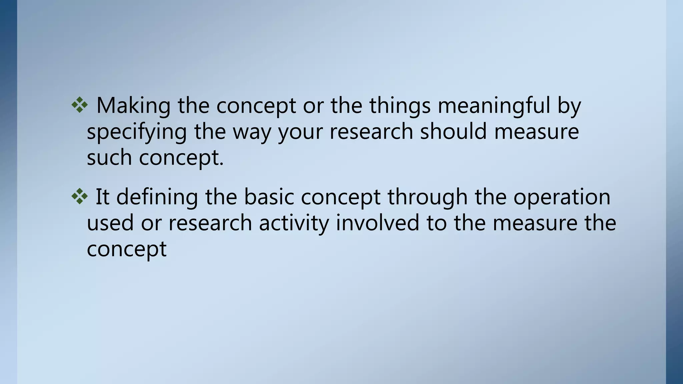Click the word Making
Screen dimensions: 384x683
click(133, 106)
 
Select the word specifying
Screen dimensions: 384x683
click(136, 132)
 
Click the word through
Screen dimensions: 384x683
click(427, 197)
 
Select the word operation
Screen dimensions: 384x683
click(562, 197)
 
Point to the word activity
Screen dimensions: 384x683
click(294, 223)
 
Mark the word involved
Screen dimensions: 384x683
click(378, 222)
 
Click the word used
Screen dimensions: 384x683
click(110, 223)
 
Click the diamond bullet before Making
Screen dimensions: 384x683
click(79, 105)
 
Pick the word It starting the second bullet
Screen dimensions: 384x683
click(102, 197)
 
